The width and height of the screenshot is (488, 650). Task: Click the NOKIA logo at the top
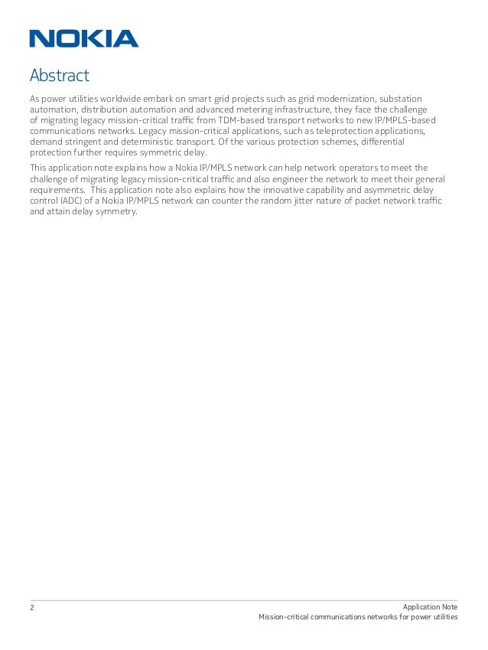pos(84,38)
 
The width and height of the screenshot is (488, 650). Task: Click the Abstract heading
pos(59,76)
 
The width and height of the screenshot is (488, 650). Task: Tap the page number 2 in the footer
pos(32,607)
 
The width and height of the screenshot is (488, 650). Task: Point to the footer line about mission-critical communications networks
pos(358,618)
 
